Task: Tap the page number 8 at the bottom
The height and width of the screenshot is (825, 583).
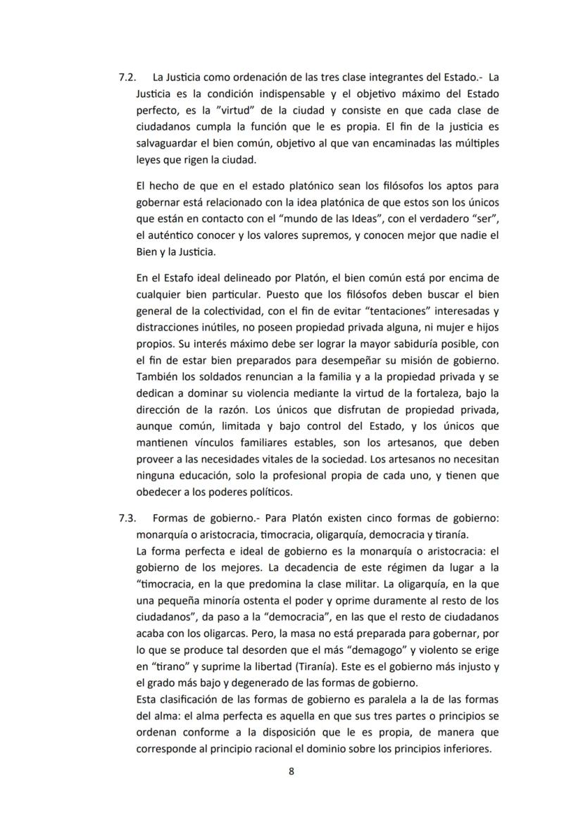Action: coord(291,771)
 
